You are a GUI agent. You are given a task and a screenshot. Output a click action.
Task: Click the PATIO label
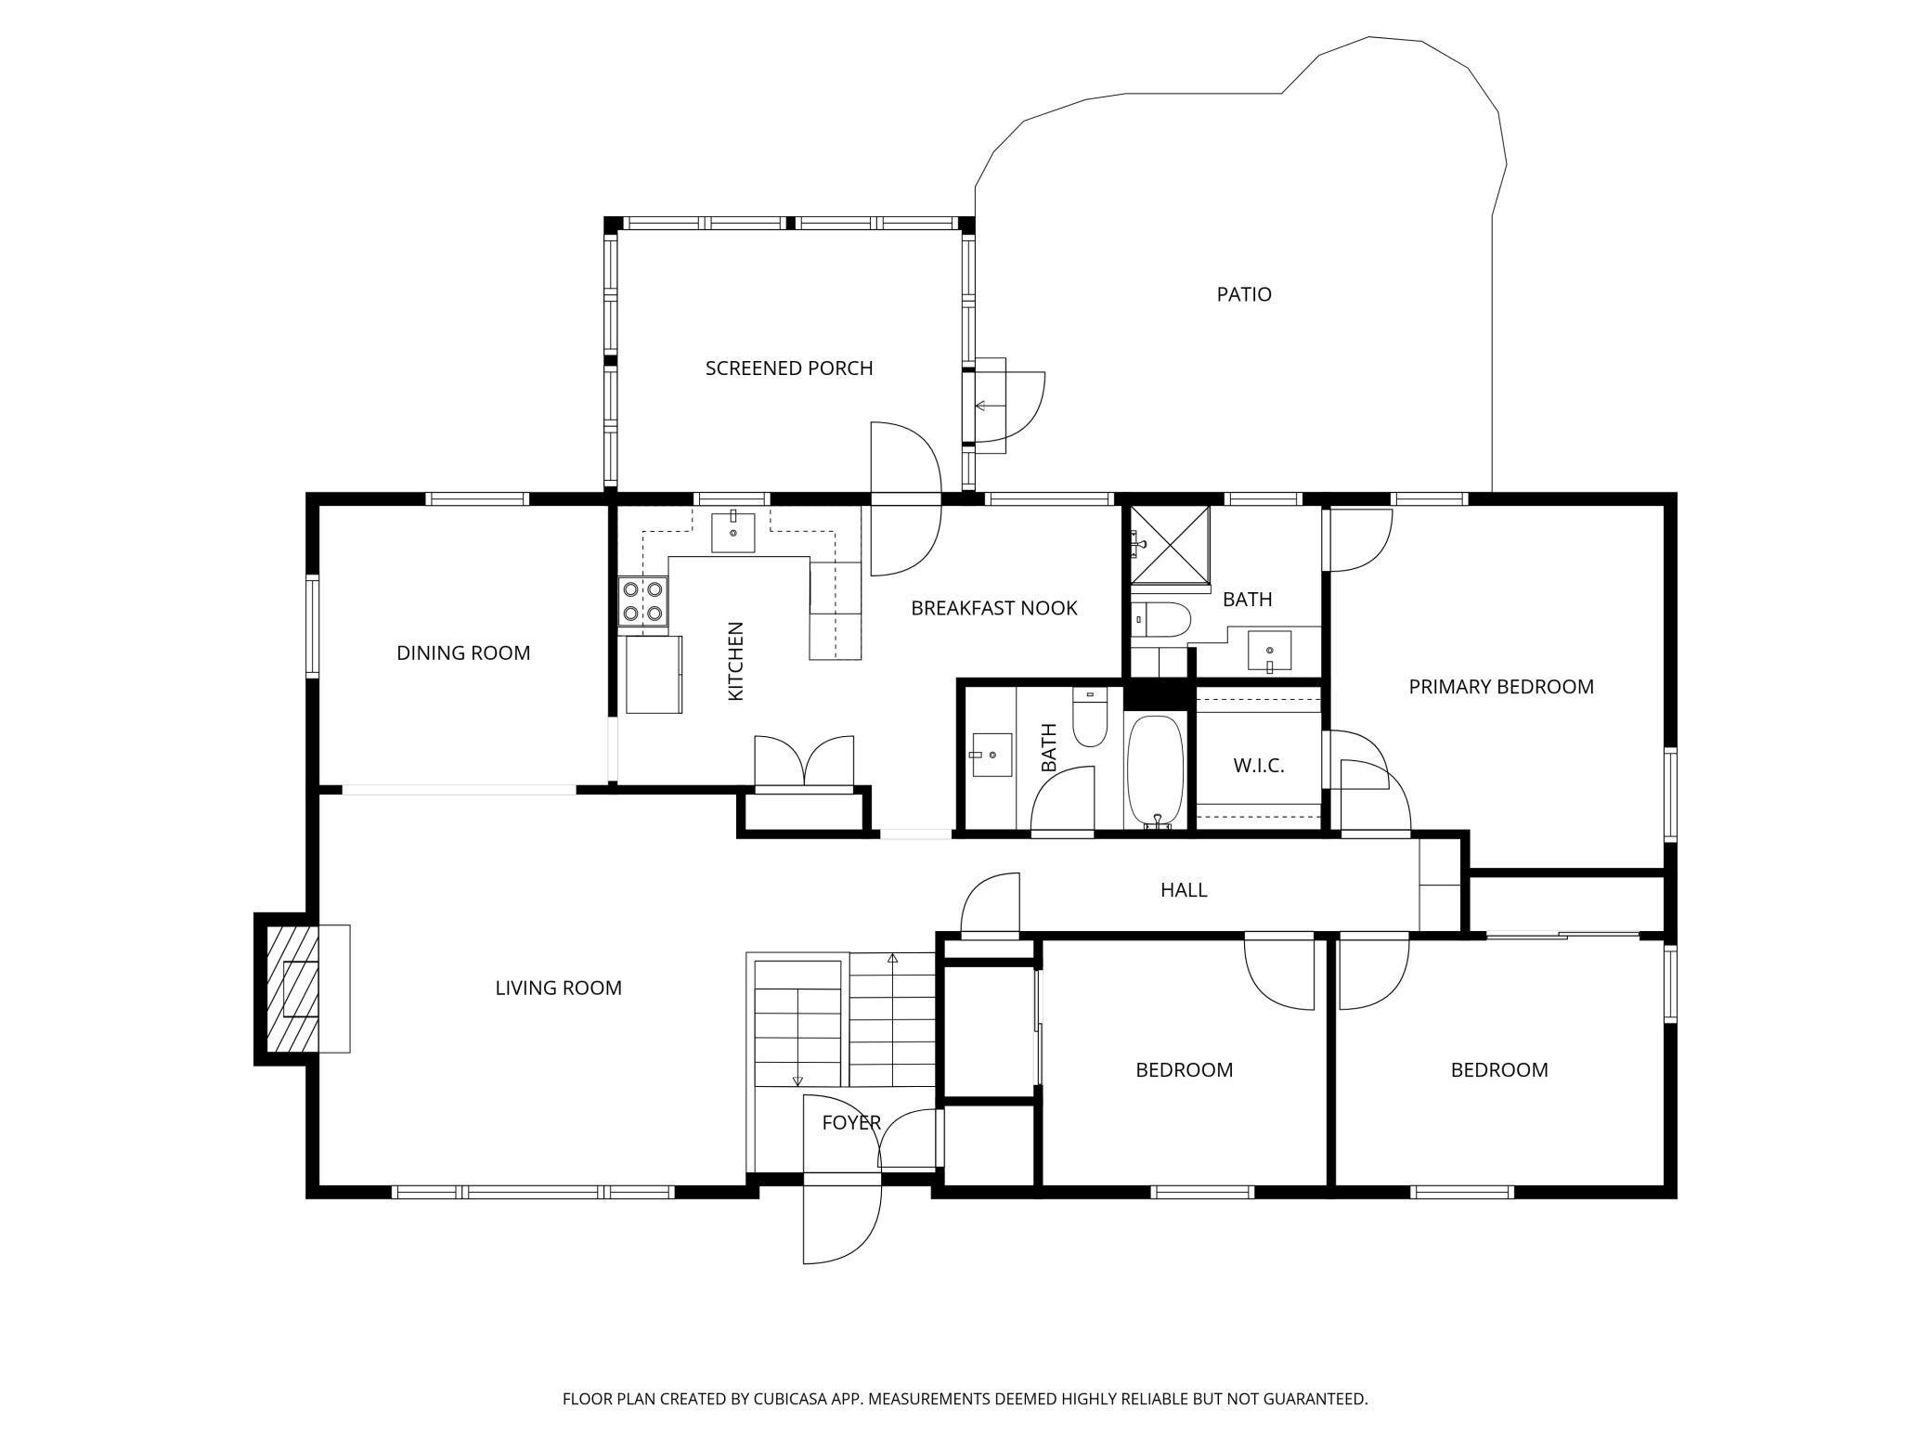tap(1244, 294)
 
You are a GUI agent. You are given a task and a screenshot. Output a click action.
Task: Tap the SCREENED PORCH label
tap(789, 368)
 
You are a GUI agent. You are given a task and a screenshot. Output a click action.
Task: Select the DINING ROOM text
tap(463, 653)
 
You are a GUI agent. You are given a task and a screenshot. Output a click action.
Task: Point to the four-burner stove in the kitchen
tap(643, 601)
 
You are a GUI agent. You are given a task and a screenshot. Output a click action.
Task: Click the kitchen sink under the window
tap(733, 530)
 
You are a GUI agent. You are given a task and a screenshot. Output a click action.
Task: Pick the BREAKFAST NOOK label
tap(994, 608)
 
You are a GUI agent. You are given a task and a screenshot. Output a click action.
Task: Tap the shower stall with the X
tap(1170, 548)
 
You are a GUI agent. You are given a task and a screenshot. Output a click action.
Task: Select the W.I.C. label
tap(1259, 766)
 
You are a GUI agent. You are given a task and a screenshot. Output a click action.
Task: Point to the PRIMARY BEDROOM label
tap(1501, 687)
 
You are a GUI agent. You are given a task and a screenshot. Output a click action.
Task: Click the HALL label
tap(1184, 890)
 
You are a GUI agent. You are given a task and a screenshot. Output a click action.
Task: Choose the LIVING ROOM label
tap(558, 988)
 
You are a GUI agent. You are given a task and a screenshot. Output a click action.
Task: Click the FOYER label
tap(851, 1122)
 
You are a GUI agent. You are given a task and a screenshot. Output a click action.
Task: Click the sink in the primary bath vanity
tap(1269, 650)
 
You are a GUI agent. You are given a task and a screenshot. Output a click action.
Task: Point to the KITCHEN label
tap(736, 661)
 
